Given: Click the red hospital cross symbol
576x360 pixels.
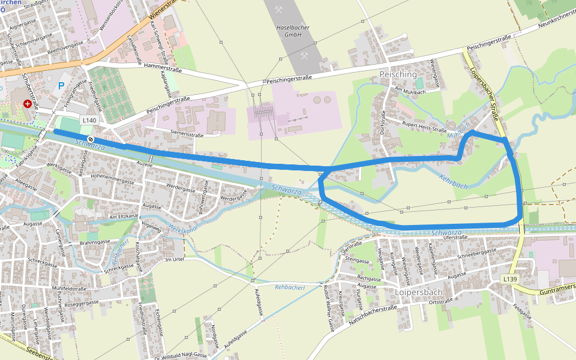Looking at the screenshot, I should [27, 104].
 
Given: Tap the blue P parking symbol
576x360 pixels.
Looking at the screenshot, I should [61, 86].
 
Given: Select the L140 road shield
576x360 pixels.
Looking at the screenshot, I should [88, 121].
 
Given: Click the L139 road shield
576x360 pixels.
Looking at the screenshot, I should [509, 280].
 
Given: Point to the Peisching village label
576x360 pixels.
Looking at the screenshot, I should [398, 74].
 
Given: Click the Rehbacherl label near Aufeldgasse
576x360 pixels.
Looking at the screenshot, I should [291, 287].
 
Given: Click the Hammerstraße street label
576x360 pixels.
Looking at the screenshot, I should [163, 70].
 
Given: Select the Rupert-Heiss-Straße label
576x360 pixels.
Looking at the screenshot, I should [425, 126].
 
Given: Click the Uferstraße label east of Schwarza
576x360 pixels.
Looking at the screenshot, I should [455, 238].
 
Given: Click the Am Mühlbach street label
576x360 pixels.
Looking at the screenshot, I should [409, 90].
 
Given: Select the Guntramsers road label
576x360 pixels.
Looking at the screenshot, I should [552, 290].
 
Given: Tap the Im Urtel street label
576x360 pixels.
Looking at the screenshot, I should [173, 259].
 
